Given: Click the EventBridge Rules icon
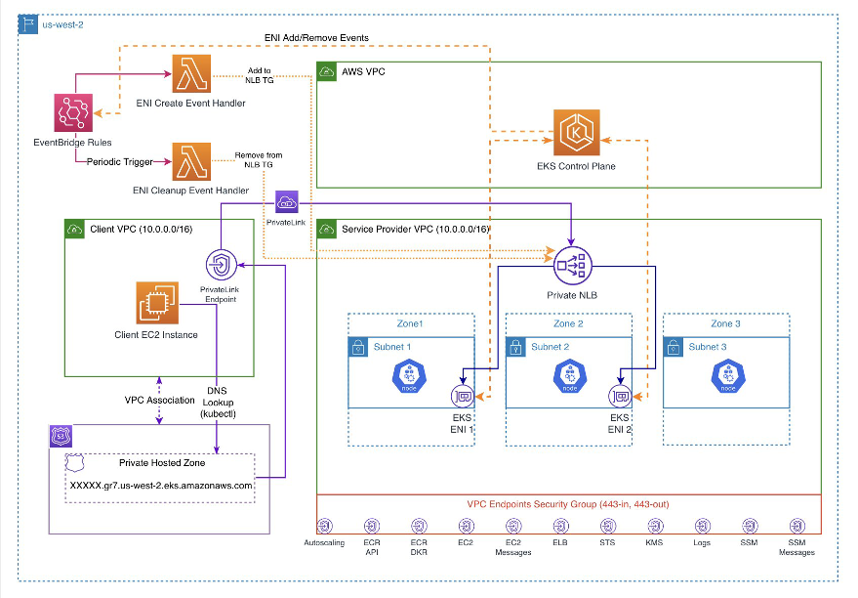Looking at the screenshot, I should [x=74, y=112].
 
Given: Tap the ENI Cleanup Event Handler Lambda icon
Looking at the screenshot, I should [x=190, y=161].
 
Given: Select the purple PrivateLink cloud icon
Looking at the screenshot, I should [x=287, y=203].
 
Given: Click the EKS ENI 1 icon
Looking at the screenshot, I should [x=462, y=397].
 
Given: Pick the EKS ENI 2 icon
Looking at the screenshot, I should [x=619, y=397].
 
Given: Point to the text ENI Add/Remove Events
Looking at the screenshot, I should [x=317, y=37].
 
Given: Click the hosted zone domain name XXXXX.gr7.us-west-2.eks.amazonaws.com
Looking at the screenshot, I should [x=161, y=485].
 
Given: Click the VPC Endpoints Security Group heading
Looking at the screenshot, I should [x=568, y=503].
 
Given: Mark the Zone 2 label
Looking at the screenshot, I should [x=568, y=323].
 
